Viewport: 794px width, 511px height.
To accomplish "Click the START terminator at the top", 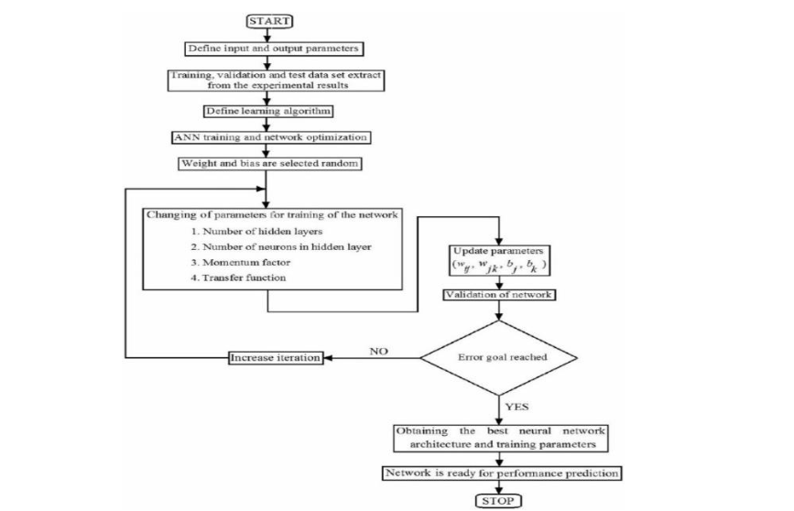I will (x=266, y=20).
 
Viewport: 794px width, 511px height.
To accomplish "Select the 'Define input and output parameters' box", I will (x=266, y=48).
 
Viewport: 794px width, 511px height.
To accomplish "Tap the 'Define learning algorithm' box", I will (x=266, y=112).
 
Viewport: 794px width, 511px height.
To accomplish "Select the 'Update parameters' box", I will (x=497, y=259).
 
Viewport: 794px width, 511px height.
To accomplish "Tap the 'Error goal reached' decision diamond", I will (x=497, y=358).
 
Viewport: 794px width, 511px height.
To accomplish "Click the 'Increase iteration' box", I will (x=275, y=358).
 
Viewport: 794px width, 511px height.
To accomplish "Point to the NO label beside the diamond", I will (x=379, y=351).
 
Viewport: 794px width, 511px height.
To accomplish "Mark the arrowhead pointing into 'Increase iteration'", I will (x=328, y=358).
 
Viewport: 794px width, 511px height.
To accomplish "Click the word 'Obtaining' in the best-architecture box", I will (x=422, y=431).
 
